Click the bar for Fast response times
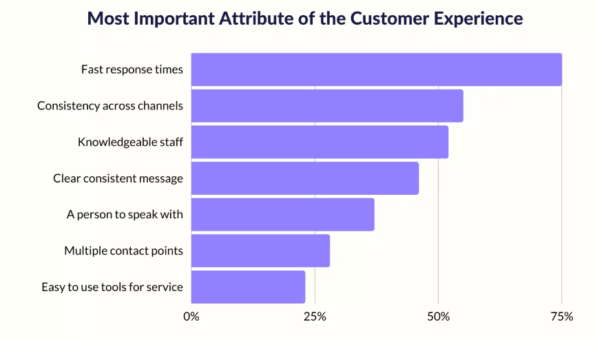click(x=376, y=70)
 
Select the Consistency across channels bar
click(x=327, y=106)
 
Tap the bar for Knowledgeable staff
click(x=320, y=142)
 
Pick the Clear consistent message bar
click(x=304, y=178)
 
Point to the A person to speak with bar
click(x=282, y=215)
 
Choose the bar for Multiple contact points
click(x=260, y=251)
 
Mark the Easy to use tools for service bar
click(x=248, y=287)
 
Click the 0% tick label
click(x=191, y=317)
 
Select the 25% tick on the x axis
click(x=315, y=317)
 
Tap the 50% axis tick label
click(x=438, y=317)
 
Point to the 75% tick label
click(x=562, y=317)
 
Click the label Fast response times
click(x=132, y=70)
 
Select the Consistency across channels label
click(x=109, y=106)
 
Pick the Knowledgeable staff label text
click(x=130, y=142)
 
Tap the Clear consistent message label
click(x=118, y=178)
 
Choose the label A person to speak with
click(x=125, y=215)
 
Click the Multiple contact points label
click(x=123, y=251)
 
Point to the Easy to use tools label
click(x=112, y=287)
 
